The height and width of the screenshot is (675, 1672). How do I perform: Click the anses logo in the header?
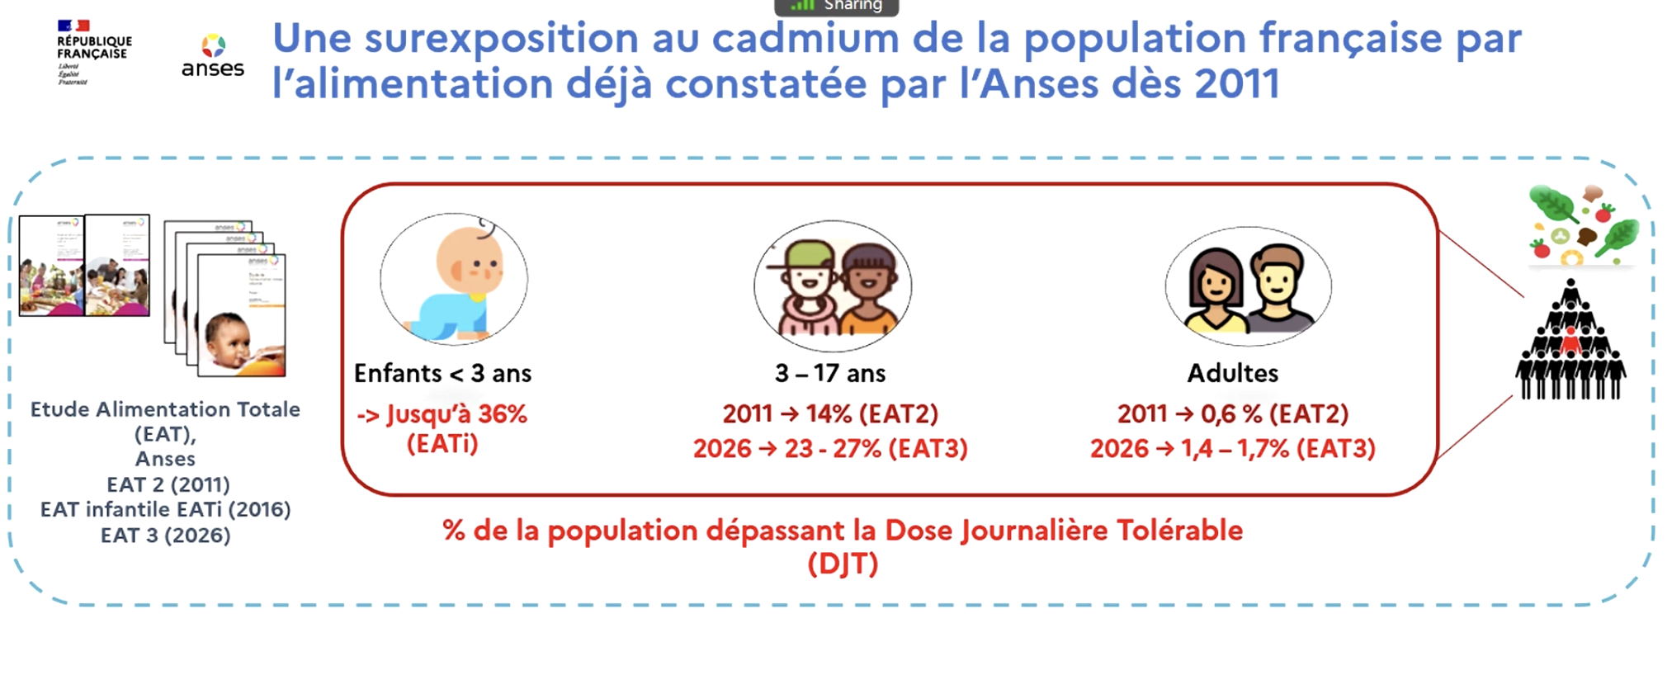[213, 56]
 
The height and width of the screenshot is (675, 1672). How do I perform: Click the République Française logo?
[93, 52]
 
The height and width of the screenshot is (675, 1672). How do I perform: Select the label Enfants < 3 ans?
[442, 374]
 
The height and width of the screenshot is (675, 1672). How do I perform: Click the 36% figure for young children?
[502, 414]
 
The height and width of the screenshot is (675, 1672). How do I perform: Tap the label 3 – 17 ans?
[830, 374]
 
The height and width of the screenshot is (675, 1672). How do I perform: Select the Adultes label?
[1232, 374]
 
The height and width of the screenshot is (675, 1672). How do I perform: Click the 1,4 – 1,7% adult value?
[1235, 449]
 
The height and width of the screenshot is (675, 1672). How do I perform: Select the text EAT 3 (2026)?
[166, 536]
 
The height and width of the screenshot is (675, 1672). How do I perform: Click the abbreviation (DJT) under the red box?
[843, 564]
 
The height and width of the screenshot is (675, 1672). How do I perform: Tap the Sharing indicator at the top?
[836, 7]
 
